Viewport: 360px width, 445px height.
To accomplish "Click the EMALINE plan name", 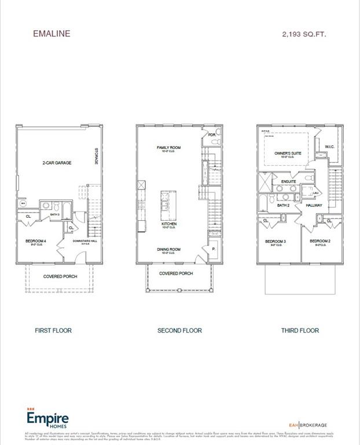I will tap(52, 34).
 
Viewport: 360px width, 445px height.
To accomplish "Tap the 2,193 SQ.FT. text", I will tap(304, 34).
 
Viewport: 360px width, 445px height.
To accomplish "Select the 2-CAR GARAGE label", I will tap(56, 163).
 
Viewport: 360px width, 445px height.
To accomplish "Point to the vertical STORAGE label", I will tap(96, 158).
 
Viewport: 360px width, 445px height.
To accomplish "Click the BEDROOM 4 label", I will tap(36, 240).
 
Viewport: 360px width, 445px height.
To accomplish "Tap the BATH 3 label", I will tap(55, 214).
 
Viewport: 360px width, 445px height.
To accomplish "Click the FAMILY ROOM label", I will tap(168, 148).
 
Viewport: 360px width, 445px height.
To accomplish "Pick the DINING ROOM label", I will tap(168, 250).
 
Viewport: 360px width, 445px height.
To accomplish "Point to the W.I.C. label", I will tap(329, 147).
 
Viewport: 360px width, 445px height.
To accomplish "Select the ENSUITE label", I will tap(288, 181).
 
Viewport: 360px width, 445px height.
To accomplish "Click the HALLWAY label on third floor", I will tap(314, 205).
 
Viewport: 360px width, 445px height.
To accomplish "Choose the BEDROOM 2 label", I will tap(319, 241).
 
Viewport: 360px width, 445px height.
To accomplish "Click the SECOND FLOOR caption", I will tap(179, 330).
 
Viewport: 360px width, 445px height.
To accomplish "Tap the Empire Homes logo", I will tap(47, 419).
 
